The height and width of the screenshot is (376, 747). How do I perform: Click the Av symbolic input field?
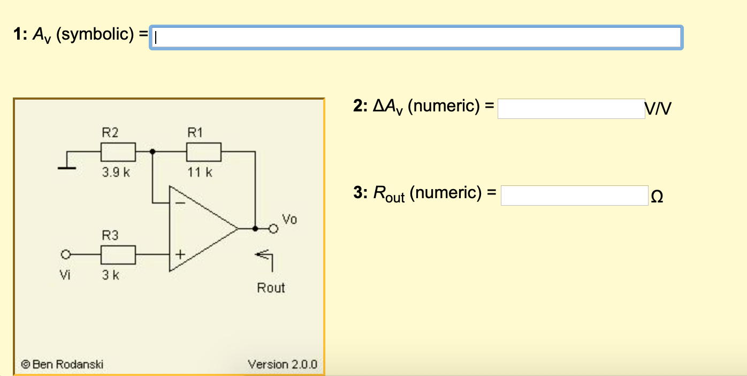click(x=416, y=37)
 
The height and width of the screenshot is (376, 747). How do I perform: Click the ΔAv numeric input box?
click(x=571, y=109)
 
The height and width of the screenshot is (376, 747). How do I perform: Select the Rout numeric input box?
click(x=574, y=195)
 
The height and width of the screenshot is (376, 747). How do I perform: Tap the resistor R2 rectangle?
click(x=118, y=152)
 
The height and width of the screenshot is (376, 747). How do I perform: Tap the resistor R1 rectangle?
click(x=204, y=152)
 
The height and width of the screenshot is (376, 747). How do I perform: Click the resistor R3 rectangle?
click(x=118, y=255)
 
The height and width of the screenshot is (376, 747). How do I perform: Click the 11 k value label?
click(x=200, y=172)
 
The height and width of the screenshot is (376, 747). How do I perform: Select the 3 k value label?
click(x=111, y=275)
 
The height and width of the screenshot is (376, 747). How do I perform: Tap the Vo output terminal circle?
click(x=273, y=229)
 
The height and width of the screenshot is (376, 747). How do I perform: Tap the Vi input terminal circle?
click(x=66, y=255)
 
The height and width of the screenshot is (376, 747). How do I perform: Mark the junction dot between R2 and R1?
click(x=153, y=152)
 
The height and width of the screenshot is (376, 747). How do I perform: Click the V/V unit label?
click(x=658, y=109)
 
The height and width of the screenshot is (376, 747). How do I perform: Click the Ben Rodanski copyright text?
click(x=63, y=365)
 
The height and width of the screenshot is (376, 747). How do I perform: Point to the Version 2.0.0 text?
click(x=282, y=365)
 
